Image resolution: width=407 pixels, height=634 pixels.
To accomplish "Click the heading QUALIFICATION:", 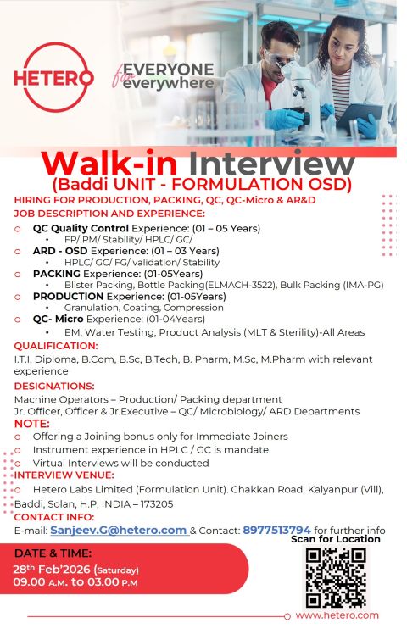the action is (x=55, y=346).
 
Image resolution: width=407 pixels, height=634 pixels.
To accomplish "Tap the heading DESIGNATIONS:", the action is (x=54, y=385).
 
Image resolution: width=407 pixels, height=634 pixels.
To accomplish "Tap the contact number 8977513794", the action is (x=276, y=530).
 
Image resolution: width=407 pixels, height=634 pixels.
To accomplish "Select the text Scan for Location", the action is (x=335, y=540).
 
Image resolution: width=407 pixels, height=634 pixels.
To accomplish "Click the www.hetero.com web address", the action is (x=337, y=616).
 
